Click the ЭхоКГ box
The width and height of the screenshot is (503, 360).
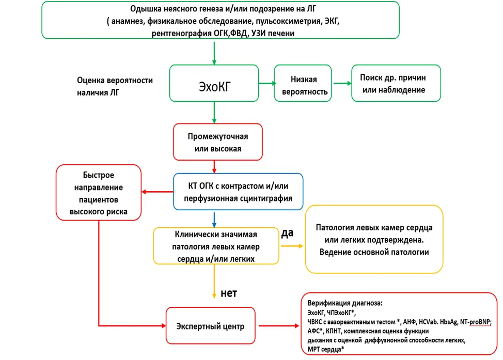click(214, 83)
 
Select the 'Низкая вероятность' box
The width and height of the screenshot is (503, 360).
click(303, 83)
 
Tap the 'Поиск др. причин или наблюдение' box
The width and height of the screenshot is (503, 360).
click(396, 83)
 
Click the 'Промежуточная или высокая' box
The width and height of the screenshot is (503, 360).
click(218, 142)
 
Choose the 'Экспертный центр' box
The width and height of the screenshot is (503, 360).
click(210, 326)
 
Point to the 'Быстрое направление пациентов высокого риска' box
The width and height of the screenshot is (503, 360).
click(99, 193)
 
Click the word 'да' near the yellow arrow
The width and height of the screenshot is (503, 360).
click(287, 233)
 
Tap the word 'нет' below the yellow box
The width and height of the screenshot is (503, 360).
click(229, 293)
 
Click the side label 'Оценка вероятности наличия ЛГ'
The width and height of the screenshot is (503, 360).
click(115, 86)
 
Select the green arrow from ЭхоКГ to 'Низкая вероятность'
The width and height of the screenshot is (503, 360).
click(267, 84)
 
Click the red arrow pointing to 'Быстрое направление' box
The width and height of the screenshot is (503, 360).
click(158, 192)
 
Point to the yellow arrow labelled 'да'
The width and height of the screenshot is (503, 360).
click(292, 246)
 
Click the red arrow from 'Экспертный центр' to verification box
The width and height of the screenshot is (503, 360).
click(279, 326)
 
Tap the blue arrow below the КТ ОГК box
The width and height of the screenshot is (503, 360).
click(214, 220)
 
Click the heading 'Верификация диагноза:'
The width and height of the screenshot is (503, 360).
click(345, 303)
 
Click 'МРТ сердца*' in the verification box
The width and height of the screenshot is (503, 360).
click(325, 349)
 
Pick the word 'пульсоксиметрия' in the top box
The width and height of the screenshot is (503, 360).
click(289, 21)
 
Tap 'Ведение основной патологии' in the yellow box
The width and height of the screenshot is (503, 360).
click(374, 252)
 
